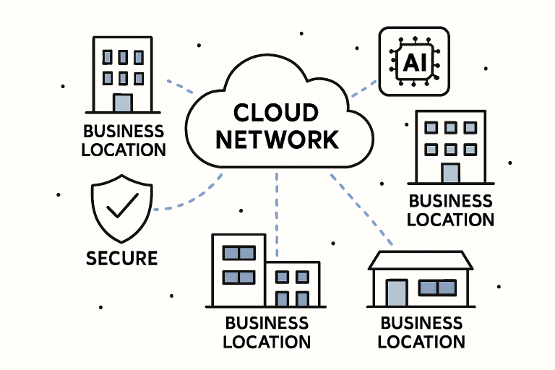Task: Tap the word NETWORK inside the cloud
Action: (277, 139)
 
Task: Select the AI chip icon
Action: (414, 61)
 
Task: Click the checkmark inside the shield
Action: (121, 209)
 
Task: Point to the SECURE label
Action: (121, 258)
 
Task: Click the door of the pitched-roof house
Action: (397, 293)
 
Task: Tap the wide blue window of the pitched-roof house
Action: (437, 288)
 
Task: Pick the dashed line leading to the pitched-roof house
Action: (362, 210)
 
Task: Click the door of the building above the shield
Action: (123, 102)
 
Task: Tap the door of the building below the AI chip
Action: (450, 173)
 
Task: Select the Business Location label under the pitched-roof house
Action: (421, 332)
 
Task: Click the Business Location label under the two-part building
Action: (267, 332)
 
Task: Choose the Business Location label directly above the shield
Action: (124, 141)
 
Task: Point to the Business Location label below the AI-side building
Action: (450, 210)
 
